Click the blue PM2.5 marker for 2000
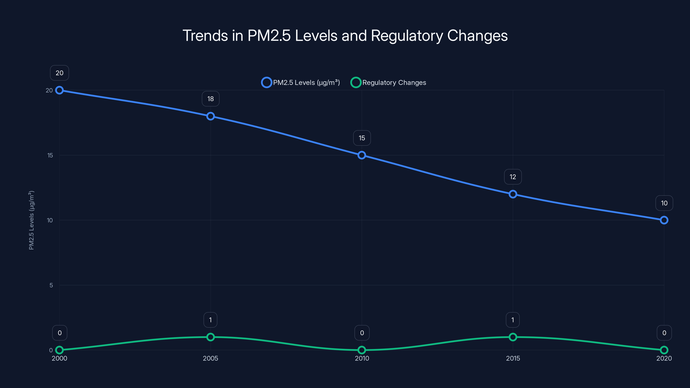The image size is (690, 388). [60, 90]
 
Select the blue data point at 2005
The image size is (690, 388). [210, 116]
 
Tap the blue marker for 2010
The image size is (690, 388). [362, 155]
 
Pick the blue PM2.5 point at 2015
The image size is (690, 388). [513, 194]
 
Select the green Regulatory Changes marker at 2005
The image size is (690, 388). [210, 337]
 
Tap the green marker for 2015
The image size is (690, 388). [513, 337]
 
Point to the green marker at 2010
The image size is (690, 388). [362, 350]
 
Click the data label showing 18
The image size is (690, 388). [210, 99]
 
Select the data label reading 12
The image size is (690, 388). [513, 177]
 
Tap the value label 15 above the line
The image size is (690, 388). [362, 138]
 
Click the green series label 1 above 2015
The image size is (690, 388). [513, 320]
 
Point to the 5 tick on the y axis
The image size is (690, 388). [51, 285]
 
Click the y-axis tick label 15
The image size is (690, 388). [50, 155]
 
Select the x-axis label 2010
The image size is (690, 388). [362, 358]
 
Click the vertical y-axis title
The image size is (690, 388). [31, 220]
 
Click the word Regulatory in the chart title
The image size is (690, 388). [407, 36]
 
